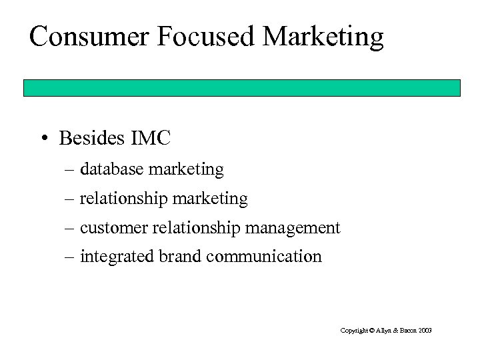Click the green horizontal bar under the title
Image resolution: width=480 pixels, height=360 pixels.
242,88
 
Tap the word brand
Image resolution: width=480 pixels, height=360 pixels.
175,256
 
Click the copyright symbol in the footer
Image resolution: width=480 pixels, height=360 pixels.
370,330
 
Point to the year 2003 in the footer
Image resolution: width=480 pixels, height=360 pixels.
425,330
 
